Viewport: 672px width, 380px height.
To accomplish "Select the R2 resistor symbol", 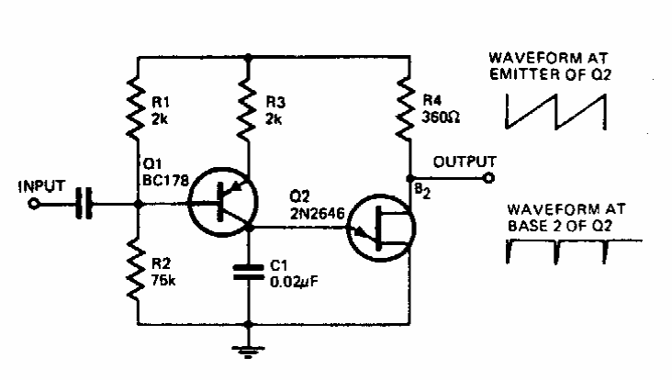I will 138,267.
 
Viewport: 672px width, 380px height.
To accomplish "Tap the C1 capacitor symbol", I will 248,272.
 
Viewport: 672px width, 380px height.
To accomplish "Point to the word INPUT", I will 42,187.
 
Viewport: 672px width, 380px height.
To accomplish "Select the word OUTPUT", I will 465,162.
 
